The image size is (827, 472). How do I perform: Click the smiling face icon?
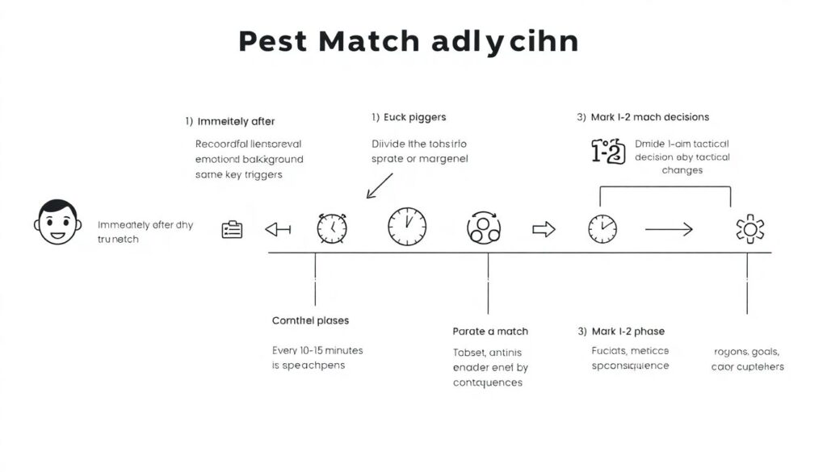[57, 223]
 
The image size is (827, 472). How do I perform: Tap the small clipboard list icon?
[232, 230]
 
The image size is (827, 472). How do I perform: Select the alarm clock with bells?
[332, 228]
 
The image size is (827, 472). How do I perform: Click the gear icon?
[749, 230]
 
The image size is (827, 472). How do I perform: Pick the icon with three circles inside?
[484, 228]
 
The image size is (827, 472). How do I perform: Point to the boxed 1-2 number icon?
[608, 152]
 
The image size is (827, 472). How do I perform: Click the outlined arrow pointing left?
[278, 230]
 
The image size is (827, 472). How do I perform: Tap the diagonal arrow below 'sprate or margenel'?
[379, 186]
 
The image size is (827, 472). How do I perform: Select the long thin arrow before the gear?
[668, 230]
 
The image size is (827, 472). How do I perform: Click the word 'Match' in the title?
[369, 42]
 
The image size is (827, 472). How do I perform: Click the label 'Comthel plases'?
[310, 321]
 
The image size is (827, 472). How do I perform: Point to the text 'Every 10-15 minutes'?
[317, 351]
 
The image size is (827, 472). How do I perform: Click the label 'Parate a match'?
[490, 332]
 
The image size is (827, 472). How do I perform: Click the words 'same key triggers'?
[239, 175]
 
